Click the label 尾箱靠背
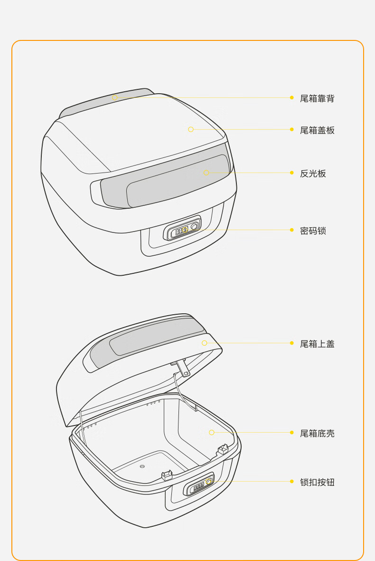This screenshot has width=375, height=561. point(317,98)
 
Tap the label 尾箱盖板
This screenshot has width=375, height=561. point(317,130)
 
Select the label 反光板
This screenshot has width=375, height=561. point(313,174)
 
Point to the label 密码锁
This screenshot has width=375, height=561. point(313,231)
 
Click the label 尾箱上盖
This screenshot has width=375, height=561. point(317,344)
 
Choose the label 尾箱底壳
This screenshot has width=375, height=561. point(317,433)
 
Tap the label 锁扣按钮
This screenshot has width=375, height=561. point(317,482)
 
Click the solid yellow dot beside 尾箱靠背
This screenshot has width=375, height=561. point(292,97)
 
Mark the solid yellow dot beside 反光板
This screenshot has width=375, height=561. point(292,173)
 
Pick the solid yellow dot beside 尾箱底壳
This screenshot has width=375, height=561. point(292,433)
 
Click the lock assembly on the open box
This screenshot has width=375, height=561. point(199,484)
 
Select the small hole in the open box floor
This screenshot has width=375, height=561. point(142,466)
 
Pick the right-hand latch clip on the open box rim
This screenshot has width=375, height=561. point(223,449)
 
